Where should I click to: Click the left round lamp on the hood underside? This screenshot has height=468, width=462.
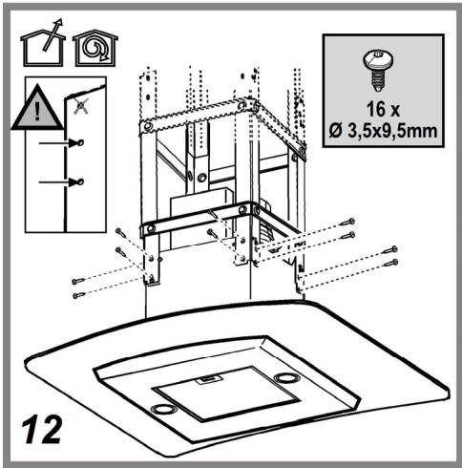coord(164,409)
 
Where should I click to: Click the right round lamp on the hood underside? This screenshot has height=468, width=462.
coord(284,379)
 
